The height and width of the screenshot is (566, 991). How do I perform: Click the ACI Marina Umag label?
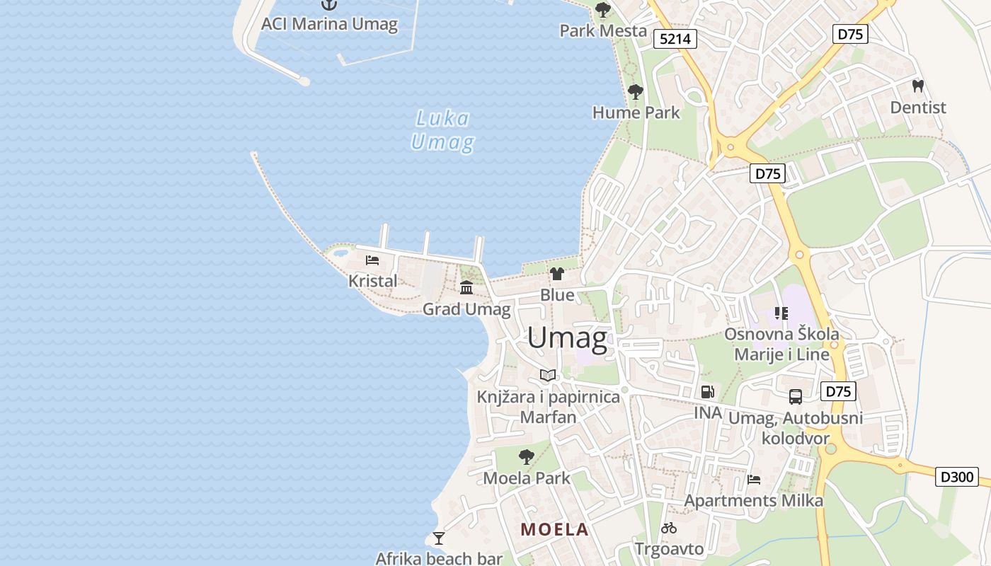pyautogui.click(x=329, y=24)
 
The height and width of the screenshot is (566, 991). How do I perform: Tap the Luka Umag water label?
pyautogui.click(x=442, y=131)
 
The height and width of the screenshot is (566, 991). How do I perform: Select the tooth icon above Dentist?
pyautogui.click(x=918, y=86)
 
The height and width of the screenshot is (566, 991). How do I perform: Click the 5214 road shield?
pyautogui.click(x=675, y=39)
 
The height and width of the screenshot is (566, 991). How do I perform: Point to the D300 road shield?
pyautogui.click(x=956, y=477)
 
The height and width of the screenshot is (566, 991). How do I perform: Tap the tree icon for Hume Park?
pyautogui.click(x=636, y=92)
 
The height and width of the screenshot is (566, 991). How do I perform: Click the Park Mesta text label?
pyautogui.click(x=603, y=30)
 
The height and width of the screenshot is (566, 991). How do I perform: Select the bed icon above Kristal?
pyautogui.click(x=372, y=260)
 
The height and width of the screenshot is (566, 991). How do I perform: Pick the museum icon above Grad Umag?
pyautogui.click(x=466, y=287)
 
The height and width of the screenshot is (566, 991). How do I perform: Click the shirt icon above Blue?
pyautogui.click(x=557, y=274)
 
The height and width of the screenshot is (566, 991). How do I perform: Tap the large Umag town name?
pyautogui.click(x=567, y=338)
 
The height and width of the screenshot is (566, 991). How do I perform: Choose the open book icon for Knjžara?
pyautogui.click(x=548, y=375)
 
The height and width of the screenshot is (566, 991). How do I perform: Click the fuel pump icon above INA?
pyautogui.click(x=707, y=392)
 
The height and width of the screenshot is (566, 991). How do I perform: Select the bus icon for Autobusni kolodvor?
pyautogui.click(x=796, y=397)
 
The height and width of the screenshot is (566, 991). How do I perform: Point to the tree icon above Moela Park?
pyautogui.click(x=526, y=457)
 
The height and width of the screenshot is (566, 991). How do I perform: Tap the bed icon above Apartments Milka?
pyautogui.click(x=754, y=480)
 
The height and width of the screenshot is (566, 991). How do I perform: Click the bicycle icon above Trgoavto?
pyautogui.click(x=669, y=528)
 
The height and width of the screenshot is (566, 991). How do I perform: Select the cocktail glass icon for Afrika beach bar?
pyautogui.click(x=439, y=538)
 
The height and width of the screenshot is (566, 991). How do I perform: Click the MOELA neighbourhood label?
pyautogui.click(x=555, y=529)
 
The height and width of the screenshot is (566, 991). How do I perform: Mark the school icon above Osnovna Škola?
pyautogui.click(x=781, y=313)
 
